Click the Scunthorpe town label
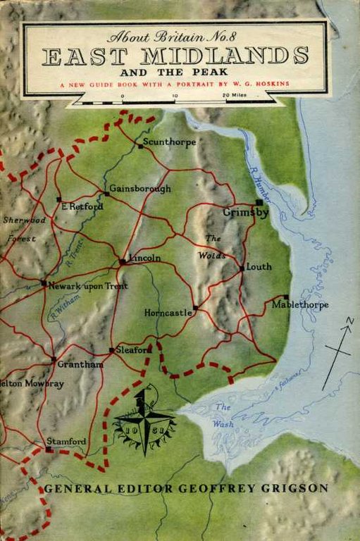click(168, 142)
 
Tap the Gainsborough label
click(140, 189)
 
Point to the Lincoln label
click(144, 258)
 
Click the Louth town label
click(259, 267)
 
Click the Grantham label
click(82, 364)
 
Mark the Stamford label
click(66, 441)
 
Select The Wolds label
click(212, 247)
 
